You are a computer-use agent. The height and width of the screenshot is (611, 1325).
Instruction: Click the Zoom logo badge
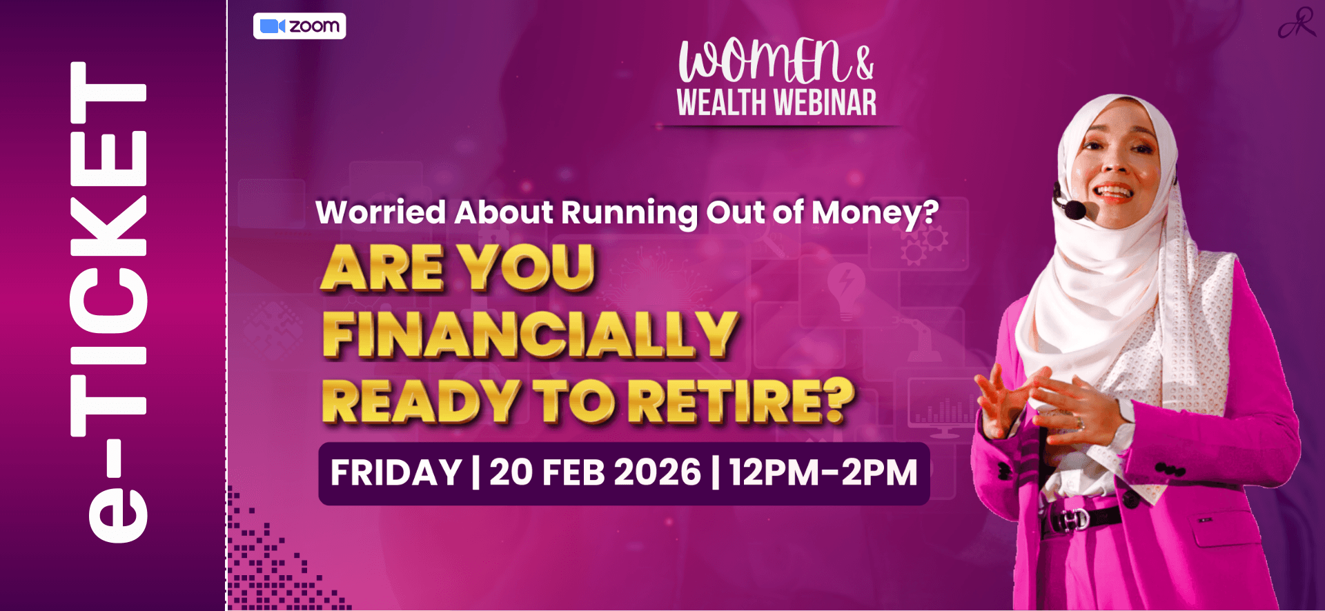300,26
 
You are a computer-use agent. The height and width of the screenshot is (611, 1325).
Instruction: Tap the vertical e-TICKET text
108,302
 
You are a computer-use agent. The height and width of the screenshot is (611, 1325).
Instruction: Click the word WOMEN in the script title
764,61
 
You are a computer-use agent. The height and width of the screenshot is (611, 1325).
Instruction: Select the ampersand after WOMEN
865,63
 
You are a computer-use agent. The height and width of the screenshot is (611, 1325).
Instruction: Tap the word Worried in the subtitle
381,212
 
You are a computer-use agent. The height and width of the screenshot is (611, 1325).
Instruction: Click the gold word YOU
528,268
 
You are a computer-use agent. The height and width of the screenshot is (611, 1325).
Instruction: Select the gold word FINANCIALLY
530,334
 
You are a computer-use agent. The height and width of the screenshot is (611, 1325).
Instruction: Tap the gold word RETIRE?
745,401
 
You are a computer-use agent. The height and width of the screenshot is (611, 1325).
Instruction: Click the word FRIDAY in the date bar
396,473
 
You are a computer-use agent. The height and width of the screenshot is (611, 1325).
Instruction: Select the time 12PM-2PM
823,473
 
